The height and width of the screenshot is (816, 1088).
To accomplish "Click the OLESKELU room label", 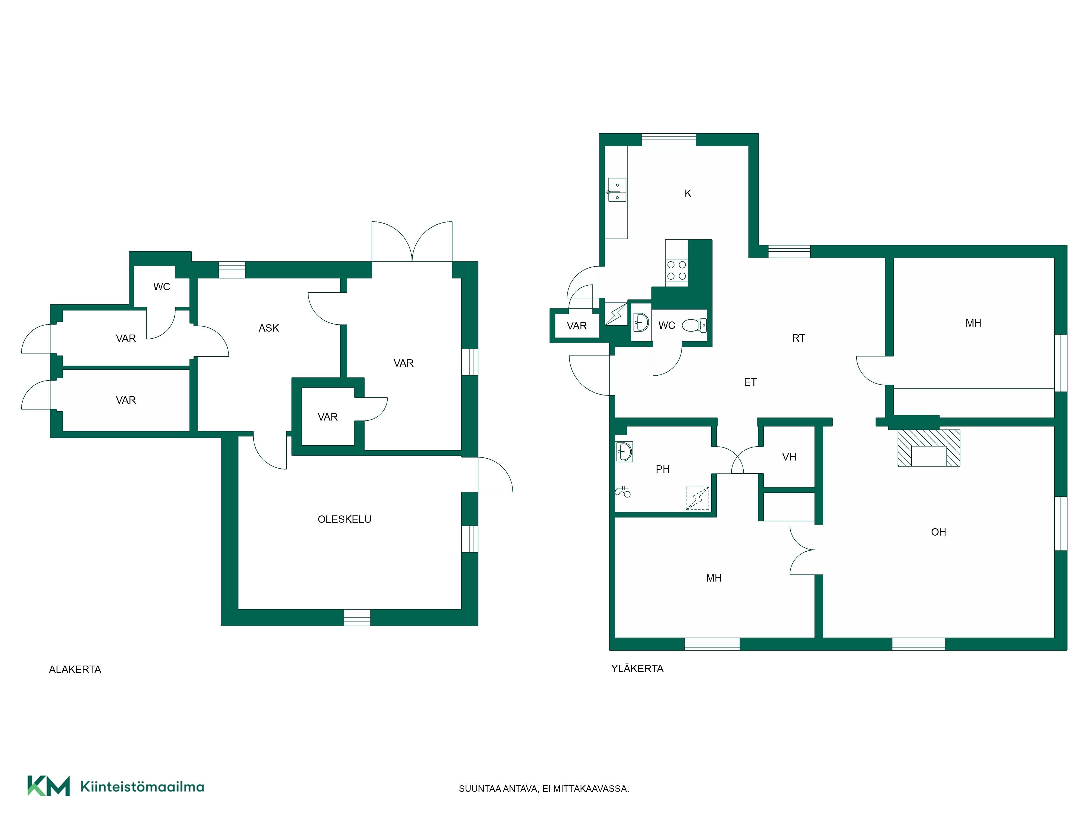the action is click(x=344, y=520).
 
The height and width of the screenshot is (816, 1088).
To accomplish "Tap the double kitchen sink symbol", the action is click(x=617, y=190).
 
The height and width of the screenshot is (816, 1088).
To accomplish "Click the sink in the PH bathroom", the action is click(x=624, y=452).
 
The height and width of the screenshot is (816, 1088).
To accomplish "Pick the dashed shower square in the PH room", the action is click(x=697, y=498).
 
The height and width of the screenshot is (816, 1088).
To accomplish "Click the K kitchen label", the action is click(x=688, y=194).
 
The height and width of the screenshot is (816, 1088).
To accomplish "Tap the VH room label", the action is click(x=789, y=457).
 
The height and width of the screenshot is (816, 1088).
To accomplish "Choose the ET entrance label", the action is click(x=750, y=382).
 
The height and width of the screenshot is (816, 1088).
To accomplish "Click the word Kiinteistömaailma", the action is click(x=142, y=787).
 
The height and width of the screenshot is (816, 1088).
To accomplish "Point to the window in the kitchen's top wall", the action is click(x=669, y=140).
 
